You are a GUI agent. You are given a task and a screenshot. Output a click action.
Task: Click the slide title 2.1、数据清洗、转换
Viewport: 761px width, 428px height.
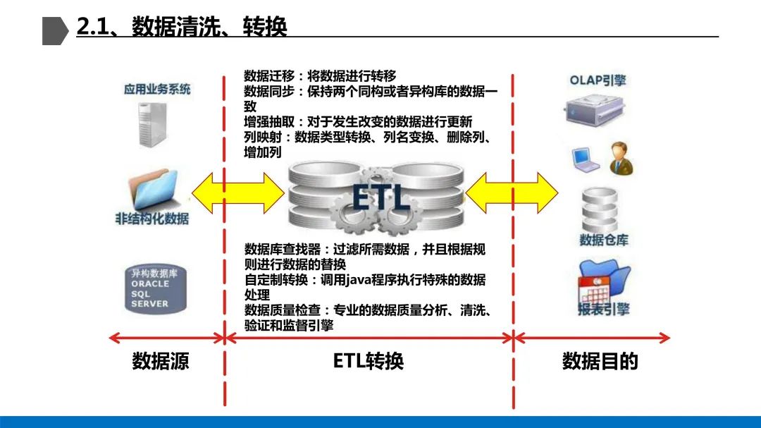click(x=182, y=27)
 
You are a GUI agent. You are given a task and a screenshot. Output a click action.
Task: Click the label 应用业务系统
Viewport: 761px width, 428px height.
click(x=157, y=90)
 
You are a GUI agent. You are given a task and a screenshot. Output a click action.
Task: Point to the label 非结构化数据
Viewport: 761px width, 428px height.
click(x=152, y=219)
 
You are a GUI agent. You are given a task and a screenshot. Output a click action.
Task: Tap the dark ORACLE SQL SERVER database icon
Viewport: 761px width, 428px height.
click(x=154, y=288)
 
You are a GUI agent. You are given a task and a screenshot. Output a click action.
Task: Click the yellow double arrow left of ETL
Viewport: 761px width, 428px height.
click(x=238, y=191)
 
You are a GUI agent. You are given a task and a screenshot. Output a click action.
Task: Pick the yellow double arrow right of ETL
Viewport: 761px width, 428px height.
click(x=512, y=192)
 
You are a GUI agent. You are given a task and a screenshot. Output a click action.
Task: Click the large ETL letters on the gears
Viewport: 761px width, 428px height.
click(x=380, y=198)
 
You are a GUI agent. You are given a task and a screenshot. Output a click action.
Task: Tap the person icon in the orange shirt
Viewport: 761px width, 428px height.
click(x=621, y=158)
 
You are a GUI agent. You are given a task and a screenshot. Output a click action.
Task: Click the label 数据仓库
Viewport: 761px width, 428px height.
click(x=604, y=240)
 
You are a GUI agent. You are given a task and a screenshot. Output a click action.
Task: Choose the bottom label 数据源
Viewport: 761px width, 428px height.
click(x=161, y=362)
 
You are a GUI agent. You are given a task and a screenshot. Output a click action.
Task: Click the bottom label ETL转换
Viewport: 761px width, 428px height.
click(x=368, y=362)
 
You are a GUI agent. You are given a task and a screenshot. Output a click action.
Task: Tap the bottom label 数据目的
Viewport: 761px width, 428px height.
click(x=600, y=362)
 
